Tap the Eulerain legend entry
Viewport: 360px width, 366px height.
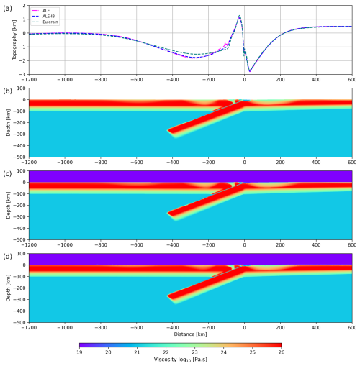[x=45, y=22]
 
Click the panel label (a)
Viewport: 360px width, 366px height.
[x=7, y=9]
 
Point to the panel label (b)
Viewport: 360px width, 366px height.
[x=7, y=91]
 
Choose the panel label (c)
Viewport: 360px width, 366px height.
[x=7, y=174]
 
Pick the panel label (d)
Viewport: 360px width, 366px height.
[x=7, y=257]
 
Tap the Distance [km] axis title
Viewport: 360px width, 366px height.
[x=190, y=334]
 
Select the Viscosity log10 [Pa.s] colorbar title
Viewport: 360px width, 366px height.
[x=180, y=360]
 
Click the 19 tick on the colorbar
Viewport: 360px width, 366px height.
[x=79, y=352]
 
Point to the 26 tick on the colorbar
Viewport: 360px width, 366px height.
[x=282, y=352]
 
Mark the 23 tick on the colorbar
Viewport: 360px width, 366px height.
[x=194, y=352]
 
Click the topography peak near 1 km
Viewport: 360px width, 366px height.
[x=239, y=16]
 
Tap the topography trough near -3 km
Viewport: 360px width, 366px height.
[x=250, y=71]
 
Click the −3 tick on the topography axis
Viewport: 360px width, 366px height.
[x=23, y=75]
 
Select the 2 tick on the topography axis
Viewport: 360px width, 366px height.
[x=24, y=5]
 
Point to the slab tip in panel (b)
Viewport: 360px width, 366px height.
[x=168, y=130]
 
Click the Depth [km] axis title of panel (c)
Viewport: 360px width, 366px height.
[x=9, y=205]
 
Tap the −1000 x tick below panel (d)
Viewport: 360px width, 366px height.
[x=65, y=327]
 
